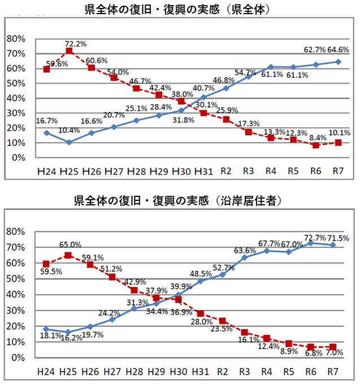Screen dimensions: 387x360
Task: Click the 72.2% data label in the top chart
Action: (x=75, y=44)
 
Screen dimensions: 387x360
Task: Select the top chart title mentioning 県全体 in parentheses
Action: (x=180, y=9)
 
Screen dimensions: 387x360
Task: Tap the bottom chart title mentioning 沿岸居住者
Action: (x=180, y=200)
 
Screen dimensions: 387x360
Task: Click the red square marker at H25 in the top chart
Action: (x=69, y=51)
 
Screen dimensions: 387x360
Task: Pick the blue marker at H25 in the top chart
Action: (x=69, y=143)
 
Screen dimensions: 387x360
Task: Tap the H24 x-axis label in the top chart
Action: (x=47, y=170)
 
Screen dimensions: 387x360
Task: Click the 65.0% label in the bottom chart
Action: (x=70, y=245)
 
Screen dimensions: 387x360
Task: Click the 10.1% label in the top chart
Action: (x=339, y=134)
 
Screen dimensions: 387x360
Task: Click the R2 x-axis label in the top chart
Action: (x=226, y=170)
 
